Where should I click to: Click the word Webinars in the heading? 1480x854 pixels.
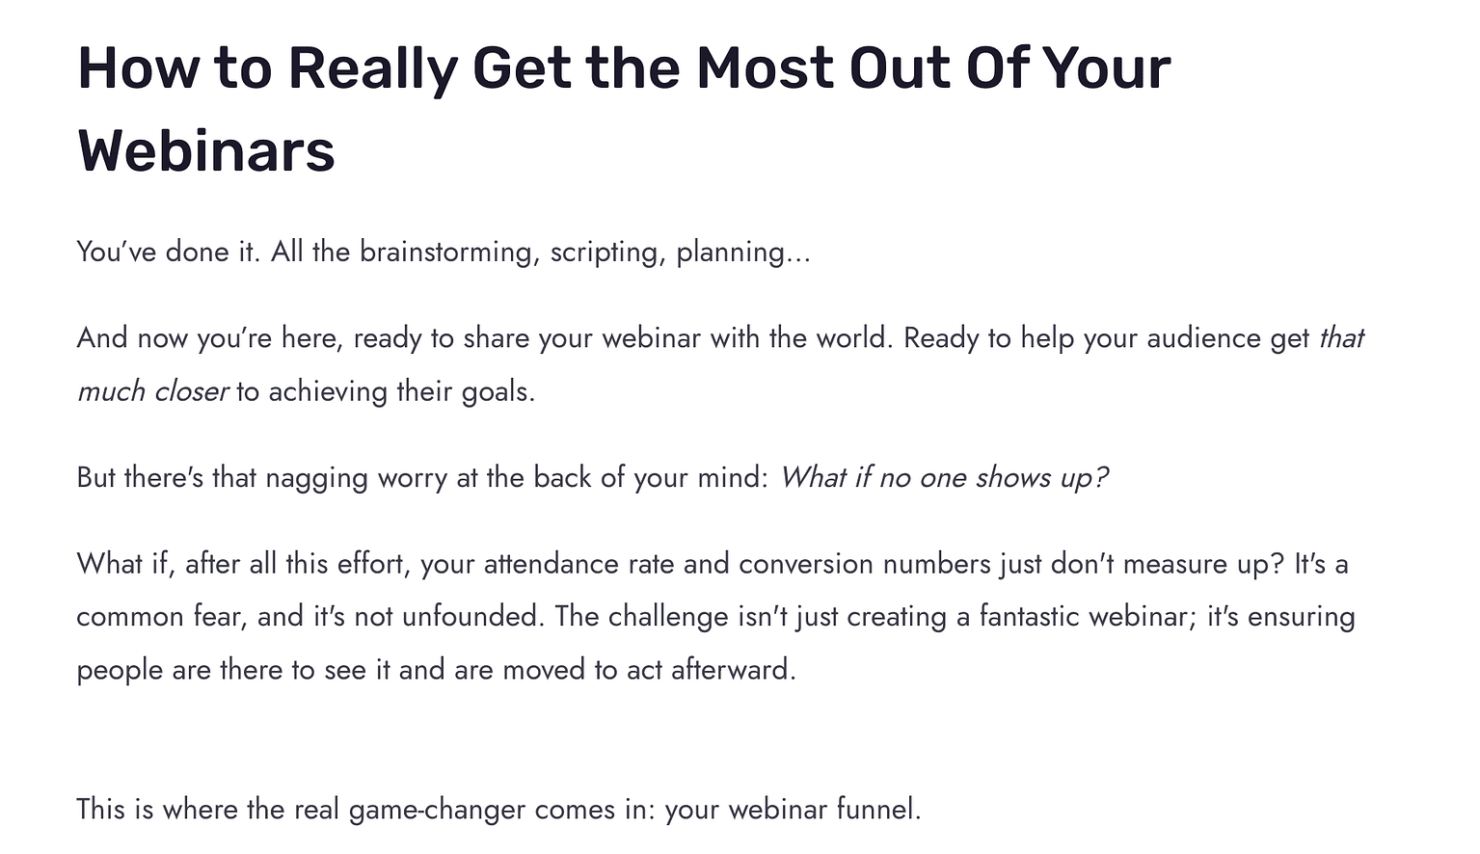point(206,151)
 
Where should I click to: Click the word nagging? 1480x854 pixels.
point(316,478)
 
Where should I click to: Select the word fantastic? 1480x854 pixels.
point(1029,617)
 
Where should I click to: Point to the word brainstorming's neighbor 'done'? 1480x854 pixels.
point(198,253)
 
